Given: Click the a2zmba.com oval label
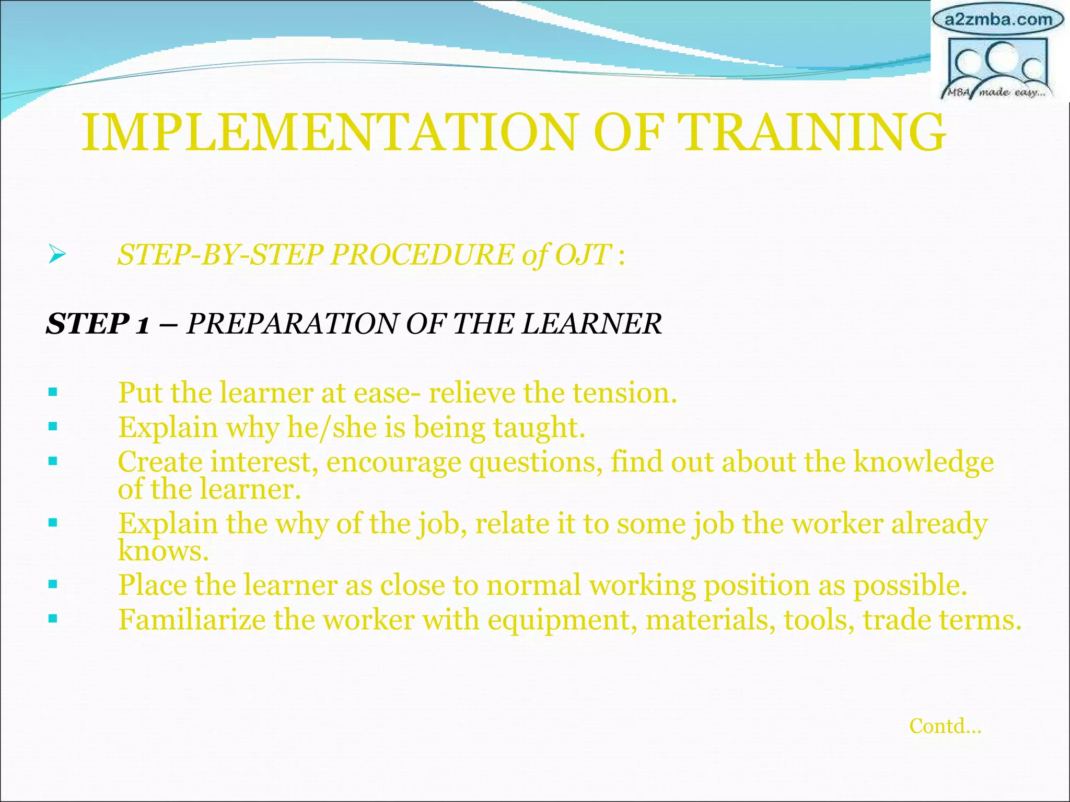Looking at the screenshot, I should (x=998, y=20).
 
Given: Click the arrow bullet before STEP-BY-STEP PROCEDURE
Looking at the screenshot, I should (x=56, y=255).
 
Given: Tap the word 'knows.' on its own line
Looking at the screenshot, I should (x=163, y=551).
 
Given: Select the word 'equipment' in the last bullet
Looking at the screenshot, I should (x=562, y=621).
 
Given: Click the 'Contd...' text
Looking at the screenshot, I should (x=945, y=726).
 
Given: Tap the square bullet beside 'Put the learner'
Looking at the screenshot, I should (x=52, y=392).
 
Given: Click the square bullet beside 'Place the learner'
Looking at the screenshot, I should (x=52, y=584).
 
